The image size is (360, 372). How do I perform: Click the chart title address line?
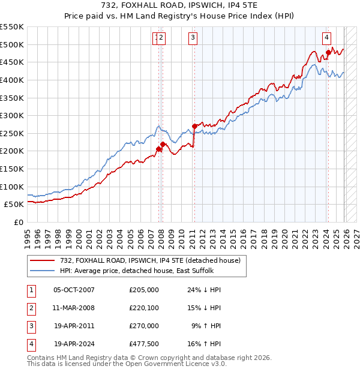click(x=180, y=5)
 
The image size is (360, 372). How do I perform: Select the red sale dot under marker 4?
click(x=328, y=53)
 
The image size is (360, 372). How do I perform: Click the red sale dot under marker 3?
click(x=194, y=126)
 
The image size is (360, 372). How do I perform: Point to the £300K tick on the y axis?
click(x=12, y=115)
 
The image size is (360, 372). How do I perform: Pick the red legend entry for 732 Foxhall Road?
click(x=150, y=260)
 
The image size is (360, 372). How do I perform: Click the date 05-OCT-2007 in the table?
click(x=74, y=290)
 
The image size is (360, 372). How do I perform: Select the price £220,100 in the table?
click(x=143, y=308)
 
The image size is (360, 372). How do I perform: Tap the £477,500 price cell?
click(x=143, y=344)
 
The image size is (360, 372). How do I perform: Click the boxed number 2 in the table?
click(x=29, y=308)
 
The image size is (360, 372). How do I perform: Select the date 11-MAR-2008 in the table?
click(x=74, y=308)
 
